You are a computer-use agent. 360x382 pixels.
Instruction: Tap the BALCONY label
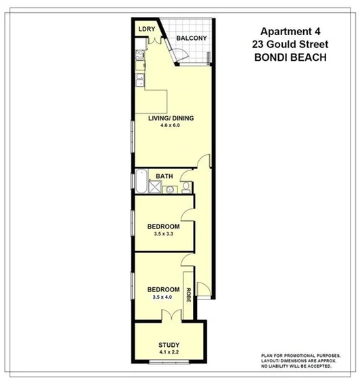[x=191, y=38]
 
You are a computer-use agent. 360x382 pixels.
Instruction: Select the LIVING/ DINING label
[x=171, y=118]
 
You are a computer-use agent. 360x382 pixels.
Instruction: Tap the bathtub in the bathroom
[x=141, y=182]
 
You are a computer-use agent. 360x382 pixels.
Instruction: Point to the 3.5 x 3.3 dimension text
[x=164, y=234]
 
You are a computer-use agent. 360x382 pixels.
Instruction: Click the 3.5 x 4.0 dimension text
[x=164, y=298]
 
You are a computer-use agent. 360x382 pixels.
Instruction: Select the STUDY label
[x=169, y=344]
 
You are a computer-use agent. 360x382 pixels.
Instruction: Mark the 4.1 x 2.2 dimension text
[x=169, y=352]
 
